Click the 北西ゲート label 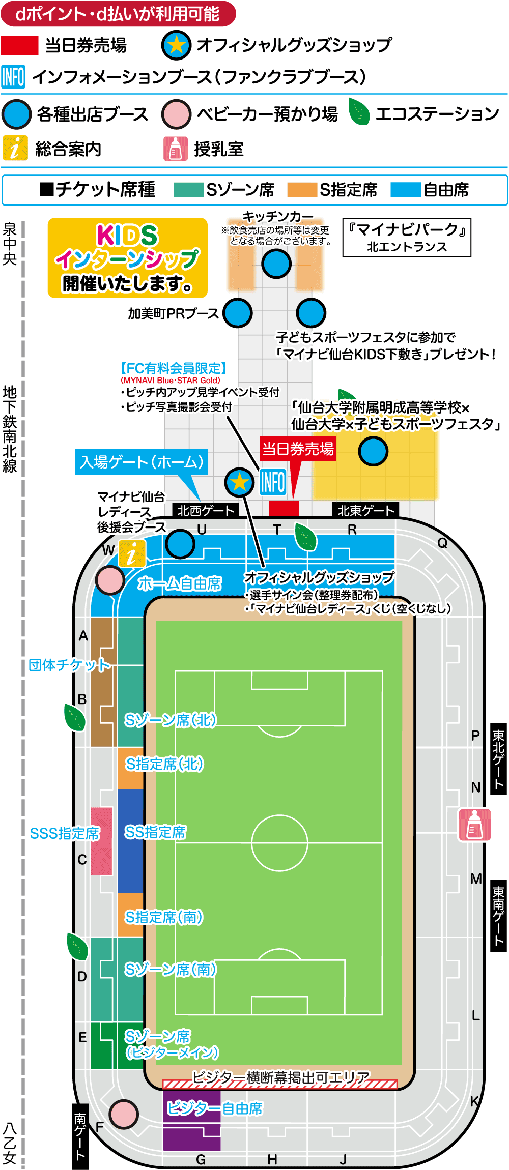tap(206, 510)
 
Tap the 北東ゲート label tap(365, 510)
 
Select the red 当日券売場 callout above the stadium tap(298, 449)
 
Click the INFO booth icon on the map tap(272, 481)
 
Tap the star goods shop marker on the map tap(240, 482)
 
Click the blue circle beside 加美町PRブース tap(238, 313)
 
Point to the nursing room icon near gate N tap(474, 825)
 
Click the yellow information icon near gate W tap(132, 553)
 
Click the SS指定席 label tap(155, 832)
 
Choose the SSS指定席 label tap(65, 833)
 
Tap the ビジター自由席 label tap(215, 1108)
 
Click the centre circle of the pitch tap(279, 843)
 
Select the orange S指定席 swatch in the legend tap(302, 190)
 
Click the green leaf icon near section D tap(77, 947)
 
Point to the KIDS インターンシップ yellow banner tap(127, 258)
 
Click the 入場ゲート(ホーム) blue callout tap(142, 462)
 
